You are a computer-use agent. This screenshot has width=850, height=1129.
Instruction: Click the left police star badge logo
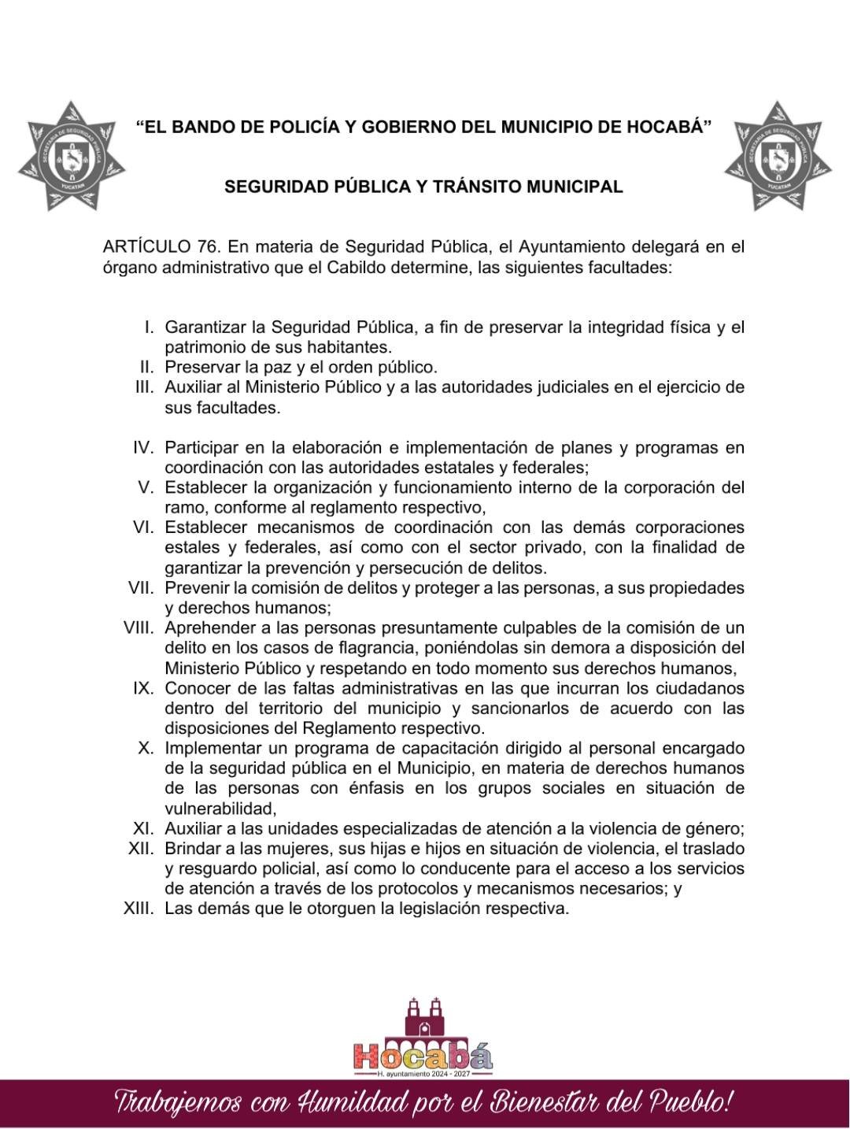click(72, 156)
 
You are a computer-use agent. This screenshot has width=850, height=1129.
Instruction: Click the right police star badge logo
click(778, 156)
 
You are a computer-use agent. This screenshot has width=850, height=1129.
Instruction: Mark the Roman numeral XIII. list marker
click(139, 909)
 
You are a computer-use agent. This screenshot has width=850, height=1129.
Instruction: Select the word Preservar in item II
click(198, 367)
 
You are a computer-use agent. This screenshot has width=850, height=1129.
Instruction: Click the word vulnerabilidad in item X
click(220, 809)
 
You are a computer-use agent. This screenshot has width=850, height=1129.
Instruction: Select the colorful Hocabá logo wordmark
click(423, 1056)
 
